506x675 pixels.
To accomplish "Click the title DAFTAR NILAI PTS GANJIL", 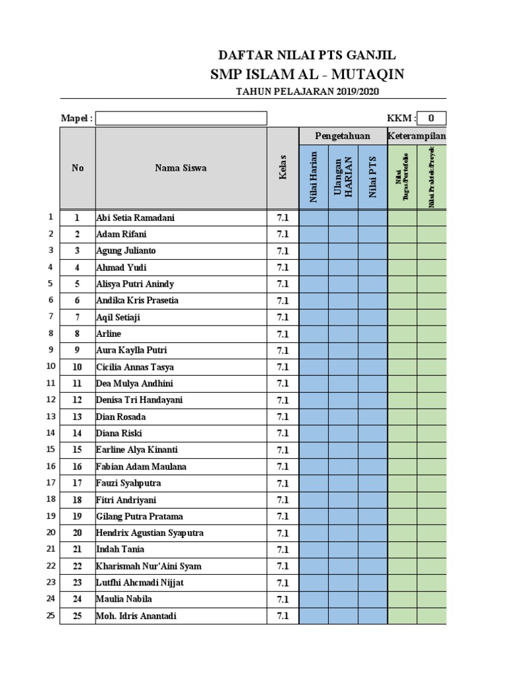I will pos(307,55).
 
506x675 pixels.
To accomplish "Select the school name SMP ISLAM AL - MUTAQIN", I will pos(307,74).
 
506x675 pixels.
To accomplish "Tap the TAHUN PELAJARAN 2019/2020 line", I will pos(308,92).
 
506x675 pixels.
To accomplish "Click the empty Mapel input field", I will pos(181,118).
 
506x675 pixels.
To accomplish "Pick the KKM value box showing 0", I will pos(432,118).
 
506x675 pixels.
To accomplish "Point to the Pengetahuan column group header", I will pos(343,136).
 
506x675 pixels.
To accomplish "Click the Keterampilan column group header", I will pos(417,136).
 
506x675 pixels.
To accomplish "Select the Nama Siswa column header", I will pos(181,168).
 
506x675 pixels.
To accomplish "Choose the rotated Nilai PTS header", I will pos(373,177).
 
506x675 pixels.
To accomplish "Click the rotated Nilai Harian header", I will pos(314,177).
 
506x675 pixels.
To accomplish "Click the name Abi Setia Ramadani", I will pos(136,218).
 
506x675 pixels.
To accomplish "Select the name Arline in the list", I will pos(109,334).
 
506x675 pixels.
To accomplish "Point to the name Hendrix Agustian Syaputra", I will pos(150,533).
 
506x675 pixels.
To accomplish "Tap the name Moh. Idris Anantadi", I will pos(136,616).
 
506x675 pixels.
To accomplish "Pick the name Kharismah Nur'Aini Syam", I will pos(149,566).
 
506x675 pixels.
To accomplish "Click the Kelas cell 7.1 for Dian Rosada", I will pos(283,417).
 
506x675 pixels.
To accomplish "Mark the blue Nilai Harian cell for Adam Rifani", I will pos(314,234).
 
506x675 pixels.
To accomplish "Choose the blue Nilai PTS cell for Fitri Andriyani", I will pos(373,500).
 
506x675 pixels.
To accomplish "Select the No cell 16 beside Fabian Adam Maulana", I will pos(78,467).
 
